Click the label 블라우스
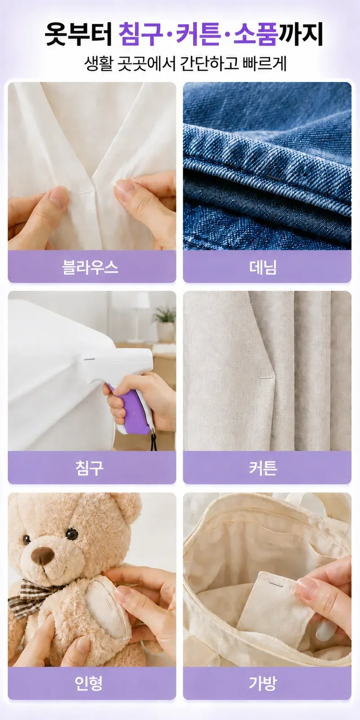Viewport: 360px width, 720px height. pyautogui.click(x=90, y=267)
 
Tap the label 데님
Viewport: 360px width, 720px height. pyautogui.click(x=263, y=267)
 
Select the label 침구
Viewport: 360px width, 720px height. pyautogui.click(x=90, y=468)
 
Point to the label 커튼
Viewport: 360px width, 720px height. pyautogui.click(x=263, y=468)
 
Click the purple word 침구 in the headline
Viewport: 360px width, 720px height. pyautogui.click(x=140, y=34)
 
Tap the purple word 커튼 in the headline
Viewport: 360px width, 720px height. pyautogui.click(x=198, y=34)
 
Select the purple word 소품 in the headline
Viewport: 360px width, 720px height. pyautogui.click(x=255, y=34)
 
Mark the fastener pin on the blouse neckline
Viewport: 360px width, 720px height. pyautogui.click(x=86, y=192)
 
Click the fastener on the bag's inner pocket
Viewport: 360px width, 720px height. pyautogui.click(x=276, y=584)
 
